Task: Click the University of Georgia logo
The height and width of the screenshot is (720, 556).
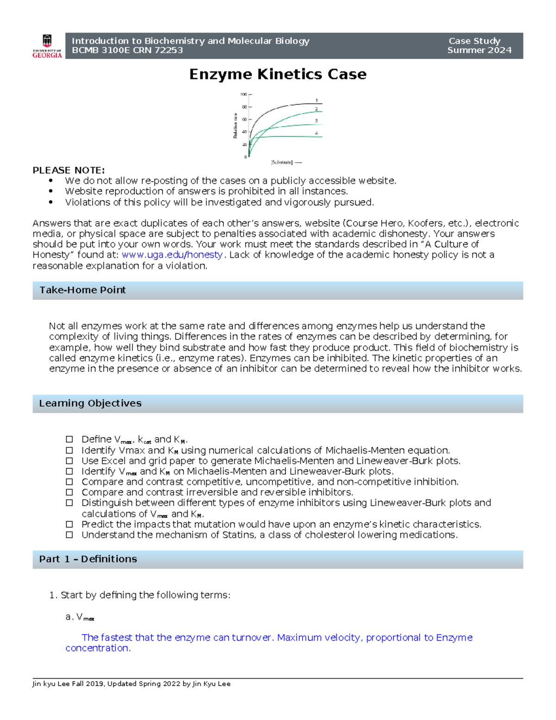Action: pyautogui.click(x=47, y=46)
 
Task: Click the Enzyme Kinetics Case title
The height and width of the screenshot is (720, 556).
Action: pyautogui.click(x=278, y=74)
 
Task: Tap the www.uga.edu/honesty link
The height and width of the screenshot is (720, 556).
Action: pyautogui.click(x=172, y=255)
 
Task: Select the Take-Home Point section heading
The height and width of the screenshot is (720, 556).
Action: pyautogui.click(x=82, y=290)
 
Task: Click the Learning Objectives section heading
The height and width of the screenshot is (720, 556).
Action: pyautogui.click(x=90, y=403)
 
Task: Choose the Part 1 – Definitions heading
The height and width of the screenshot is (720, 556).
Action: pyautogui.click(x=88, y=559)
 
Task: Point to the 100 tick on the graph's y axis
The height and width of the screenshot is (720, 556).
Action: pyautogui.click(x=243, y=94)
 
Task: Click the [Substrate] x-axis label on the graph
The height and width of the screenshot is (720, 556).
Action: pyautogui.click(x=282, y=162)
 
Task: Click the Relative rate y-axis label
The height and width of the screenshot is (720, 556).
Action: pyautogui.click(x=235, y=126)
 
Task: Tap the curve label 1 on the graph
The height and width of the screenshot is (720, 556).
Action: pyautogui.click(x=316, y=101)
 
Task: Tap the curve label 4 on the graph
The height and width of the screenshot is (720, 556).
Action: pyautogui.click(x=316, y=133)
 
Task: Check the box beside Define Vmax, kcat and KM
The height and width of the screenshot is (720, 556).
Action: pyautogui.click(x=69, y=440)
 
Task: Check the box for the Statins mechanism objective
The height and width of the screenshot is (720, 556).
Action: pyautogui.click(x=69, y=535)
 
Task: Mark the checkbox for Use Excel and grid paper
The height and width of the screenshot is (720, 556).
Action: pyautogui.click(x=69, y=461)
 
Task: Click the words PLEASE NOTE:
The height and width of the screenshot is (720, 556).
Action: pyautogui.click(x=69, y=170)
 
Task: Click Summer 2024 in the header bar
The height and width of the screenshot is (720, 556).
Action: pyautogui.click(x=479, y=51)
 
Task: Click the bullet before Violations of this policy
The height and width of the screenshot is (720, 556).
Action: pyautogui.click(x=51, y=202)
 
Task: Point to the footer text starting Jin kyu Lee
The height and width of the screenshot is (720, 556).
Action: pyautogui.click(x=131, y=684)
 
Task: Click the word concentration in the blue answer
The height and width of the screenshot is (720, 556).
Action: pyautogui.click(x=97, y=648)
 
